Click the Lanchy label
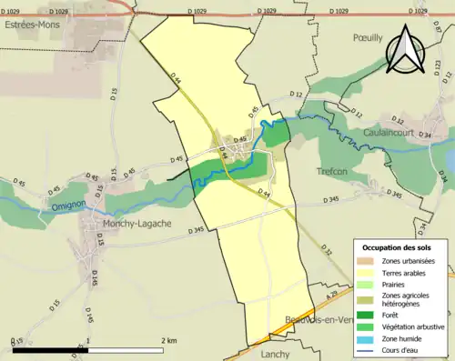(x=276, y=354)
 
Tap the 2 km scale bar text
(x=168, y=339)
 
